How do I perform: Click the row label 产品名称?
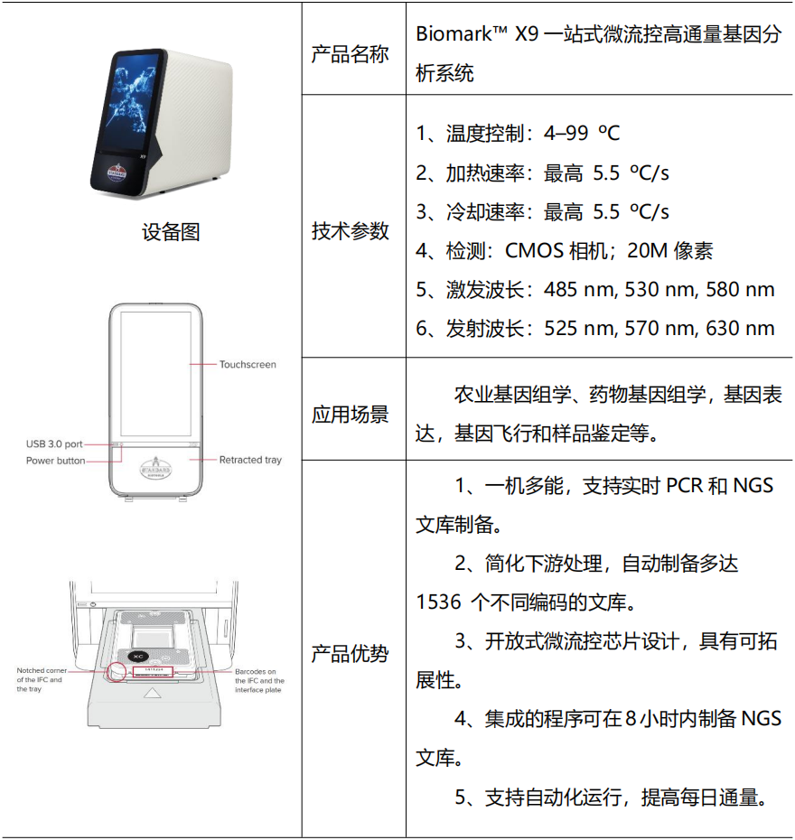click(x=351, y=54)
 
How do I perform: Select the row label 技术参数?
click(x=351, y=230)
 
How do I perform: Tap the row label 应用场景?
click(x=351, y=415)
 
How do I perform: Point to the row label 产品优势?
click(x=351, y=653)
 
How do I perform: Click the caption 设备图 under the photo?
click(x=171, y=232)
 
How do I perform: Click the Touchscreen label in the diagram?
click(x=248, y=365)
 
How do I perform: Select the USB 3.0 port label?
click(x=54, y=444)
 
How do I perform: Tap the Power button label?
click(x=55, y=461)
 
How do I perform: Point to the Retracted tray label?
click(x=250, y=460)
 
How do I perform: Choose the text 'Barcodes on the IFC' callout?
click(x=259, y=671)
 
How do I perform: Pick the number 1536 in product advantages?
click(x=439, y=602)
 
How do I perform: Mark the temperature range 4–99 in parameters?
click(x=566, y=134)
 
